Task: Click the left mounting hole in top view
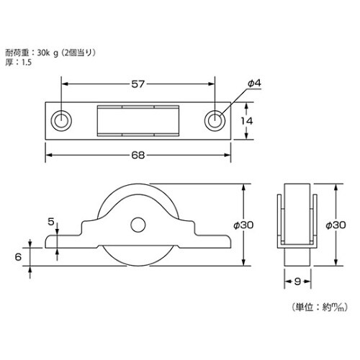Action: click(x=62, y=120)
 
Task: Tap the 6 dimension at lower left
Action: click(x=17, y=256)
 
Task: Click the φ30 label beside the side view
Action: click(x=246, y=225)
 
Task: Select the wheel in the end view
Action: click(x=297, y=216)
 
